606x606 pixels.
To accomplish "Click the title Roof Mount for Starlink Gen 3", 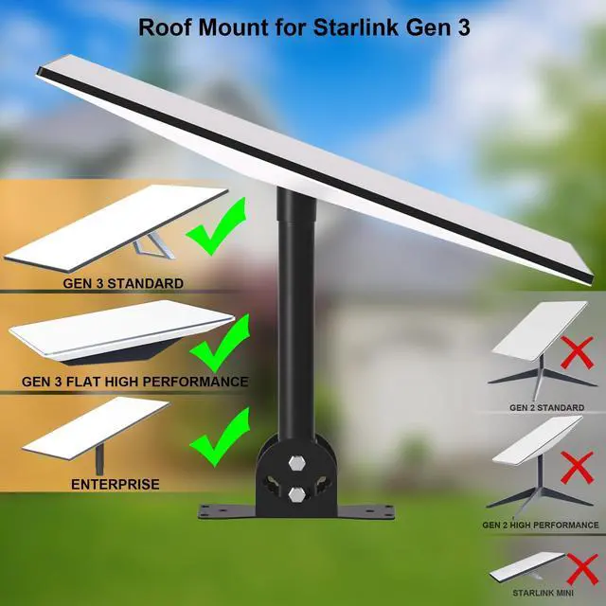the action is click(x=302, y=26).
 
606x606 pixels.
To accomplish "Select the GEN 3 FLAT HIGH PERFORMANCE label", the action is click(x=134, y=382).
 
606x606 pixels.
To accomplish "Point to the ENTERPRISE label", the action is click(x=115, y=484).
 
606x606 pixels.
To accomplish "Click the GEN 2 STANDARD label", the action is click(x=546, y=407).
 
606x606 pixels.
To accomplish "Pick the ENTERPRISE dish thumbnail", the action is click(x=95, y=431).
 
